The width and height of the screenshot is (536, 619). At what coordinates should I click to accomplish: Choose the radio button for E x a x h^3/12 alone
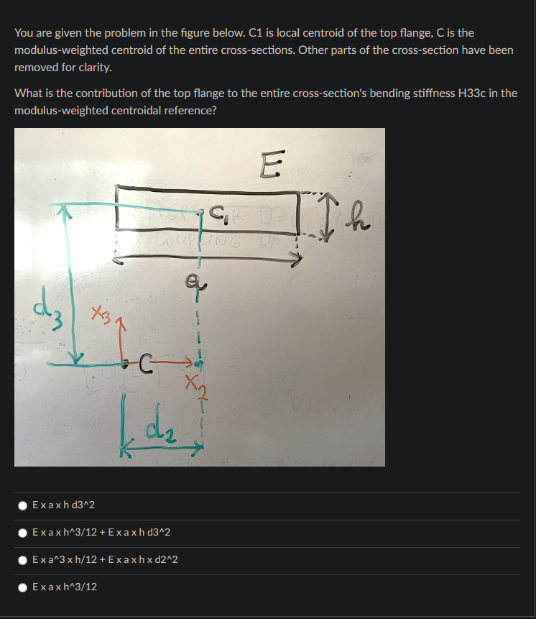24,587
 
